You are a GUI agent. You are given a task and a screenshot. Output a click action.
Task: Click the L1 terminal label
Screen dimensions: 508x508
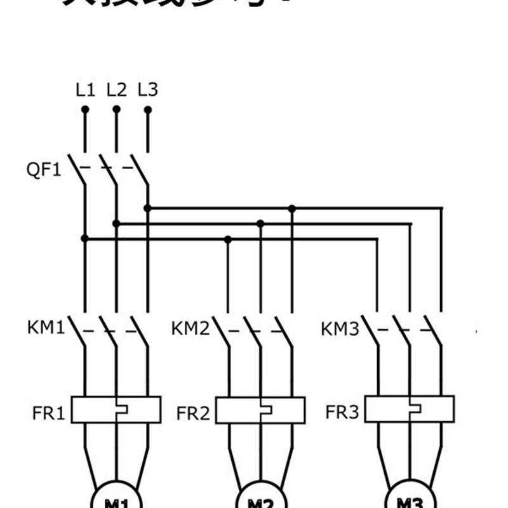85,90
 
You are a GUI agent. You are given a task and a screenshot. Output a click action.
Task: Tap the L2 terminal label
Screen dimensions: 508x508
116,90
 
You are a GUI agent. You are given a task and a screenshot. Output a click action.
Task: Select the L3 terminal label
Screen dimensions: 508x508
147,90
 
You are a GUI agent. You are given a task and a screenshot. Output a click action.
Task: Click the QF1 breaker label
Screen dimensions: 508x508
44,170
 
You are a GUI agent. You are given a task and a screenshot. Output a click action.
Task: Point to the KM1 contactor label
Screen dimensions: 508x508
46,328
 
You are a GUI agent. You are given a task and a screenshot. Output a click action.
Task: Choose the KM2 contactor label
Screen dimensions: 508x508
190,329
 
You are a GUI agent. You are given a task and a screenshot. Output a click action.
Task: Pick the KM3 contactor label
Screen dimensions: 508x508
340,329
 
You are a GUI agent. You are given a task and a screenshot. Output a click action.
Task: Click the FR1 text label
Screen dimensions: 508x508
49,413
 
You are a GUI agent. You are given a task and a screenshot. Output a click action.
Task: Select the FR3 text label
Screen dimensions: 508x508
342,413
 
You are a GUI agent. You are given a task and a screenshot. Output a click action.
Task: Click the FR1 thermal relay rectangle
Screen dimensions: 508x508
116,410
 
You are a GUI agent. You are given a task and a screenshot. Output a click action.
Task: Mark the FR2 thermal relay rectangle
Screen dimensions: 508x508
260,410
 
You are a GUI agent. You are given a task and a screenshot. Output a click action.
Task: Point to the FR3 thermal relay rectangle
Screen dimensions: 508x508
410,409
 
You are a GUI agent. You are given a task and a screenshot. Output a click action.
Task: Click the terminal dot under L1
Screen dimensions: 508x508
85,109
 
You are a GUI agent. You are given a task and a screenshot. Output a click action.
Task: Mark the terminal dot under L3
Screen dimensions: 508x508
147,109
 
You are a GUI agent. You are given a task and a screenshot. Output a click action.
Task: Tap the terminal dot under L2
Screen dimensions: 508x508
116,109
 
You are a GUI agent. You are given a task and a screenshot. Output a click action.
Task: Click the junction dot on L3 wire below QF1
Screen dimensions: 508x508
147,208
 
